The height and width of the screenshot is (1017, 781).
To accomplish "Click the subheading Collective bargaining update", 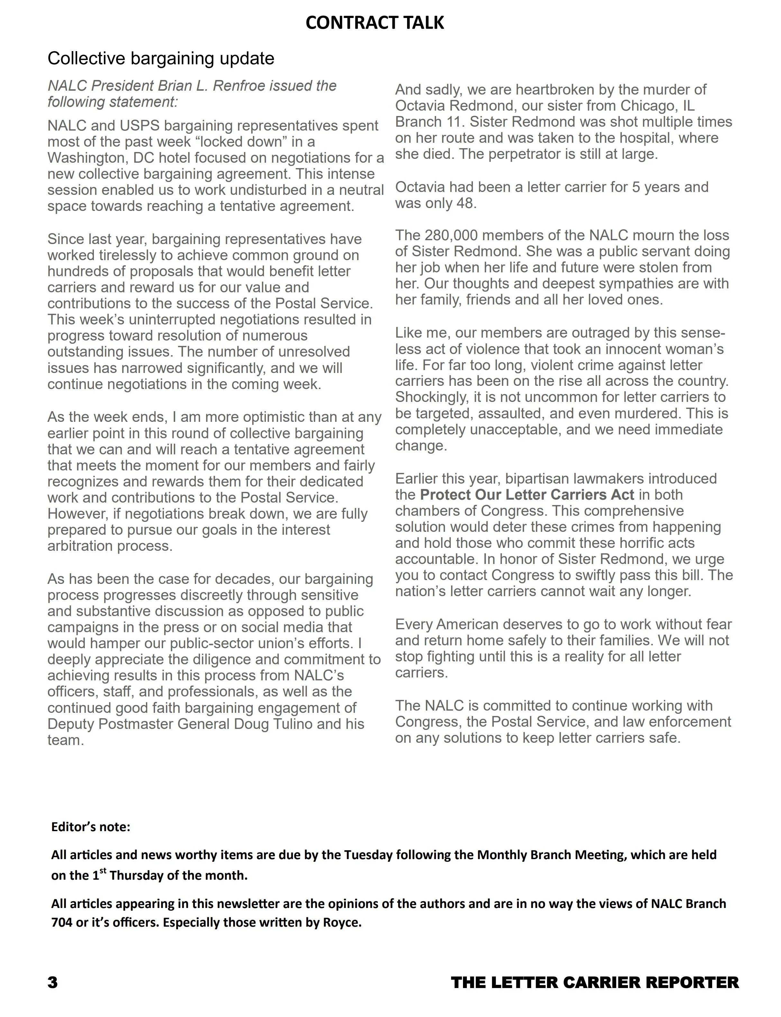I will (x=161, y=59).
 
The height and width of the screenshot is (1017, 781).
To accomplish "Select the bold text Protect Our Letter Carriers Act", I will (x=527, y=495).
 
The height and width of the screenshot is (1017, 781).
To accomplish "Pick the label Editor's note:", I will (x=91, y=827).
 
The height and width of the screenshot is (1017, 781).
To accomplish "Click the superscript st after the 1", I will (x=103, y=872).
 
